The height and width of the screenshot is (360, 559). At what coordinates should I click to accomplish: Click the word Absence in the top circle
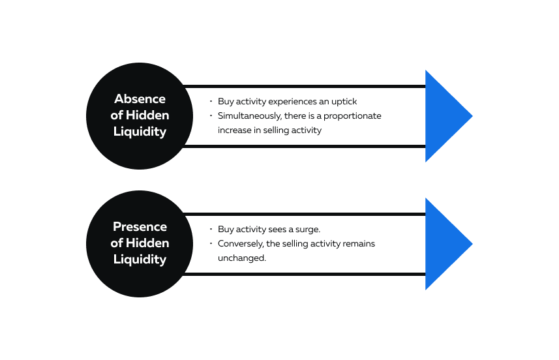[140, 98]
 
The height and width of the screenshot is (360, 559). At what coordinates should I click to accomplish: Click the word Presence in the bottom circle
[140, 227]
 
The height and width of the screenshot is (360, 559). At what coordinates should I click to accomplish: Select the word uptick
[344, 102]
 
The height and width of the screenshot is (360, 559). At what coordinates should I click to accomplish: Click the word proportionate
[352, 116]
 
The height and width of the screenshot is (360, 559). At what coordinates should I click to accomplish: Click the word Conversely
[241, 244]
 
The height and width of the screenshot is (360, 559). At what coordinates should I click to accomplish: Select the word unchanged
[242, 258]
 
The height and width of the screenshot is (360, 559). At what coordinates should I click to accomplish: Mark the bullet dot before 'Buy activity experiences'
[211, 101]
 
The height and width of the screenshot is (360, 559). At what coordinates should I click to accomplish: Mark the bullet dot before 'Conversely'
[211, 243]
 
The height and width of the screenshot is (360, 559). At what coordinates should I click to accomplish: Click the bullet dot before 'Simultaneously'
[211, 115]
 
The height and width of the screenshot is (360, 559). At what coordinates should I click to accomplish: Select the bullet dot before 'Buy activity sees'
[211, 229]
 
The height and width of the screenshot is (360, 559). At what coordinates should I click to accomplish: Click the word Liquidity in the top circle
[140, 132]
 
